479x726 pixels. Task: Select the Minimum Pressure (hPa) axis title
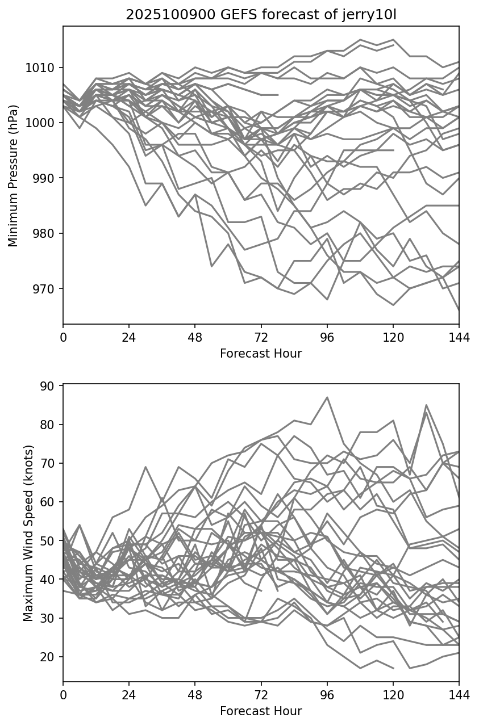(13, 175)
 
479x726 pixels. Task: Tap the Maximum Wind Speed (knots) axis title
(28, 532)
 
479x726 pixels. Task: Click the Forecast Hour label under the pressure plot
(261, 354)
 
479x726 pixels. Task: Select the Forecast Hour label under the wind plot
(261, 711)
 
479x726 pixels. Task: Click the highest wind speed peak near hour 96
(327, 397)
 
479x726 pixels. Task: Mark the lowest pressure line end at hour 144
(458, 310)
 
